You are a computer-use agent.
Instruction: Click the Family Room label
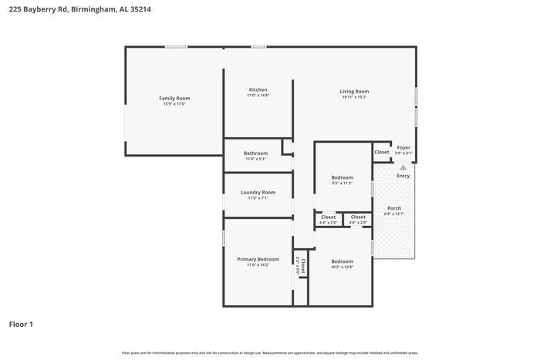coord(174,98)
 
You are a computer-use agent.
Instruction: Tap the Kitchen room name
coord(258,89)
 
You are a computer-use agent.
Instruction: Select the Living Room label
coord(354,91)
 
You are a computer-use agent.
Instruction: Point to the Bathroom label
coord(255,153)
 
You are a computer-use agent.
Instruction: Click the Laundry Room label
coord(258,192)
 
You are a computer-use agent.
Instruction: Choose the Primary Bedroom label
coord(258,259)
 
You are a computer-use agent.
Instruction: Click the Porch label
coord(393,208)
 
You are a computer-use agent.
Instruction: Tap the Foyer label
coord(403,147)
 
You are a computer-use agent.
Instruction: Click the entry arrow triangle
coord(403,166)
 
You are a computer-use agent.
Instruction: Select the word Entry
coord(403,176)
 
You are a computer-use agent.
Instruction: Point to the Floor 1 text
coord(21,324)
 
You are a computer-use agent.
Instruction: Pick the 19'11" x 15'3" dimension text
coord(354,97)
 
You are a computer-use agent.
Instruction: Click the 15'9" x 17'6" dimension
coord(174,104)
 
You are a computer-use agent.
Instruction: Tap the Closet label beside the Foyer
coord(382,152)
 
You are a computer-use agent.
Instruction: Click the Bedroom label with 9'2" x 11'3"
coord(342,177)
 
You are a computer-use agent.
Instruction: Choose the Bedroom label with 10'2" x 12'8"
coord(342,261)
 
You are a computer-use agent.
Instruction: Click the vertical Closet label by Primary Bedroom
coord(303,267)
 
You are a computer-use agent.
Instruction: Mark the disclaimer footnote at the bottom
coord(270,352)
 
